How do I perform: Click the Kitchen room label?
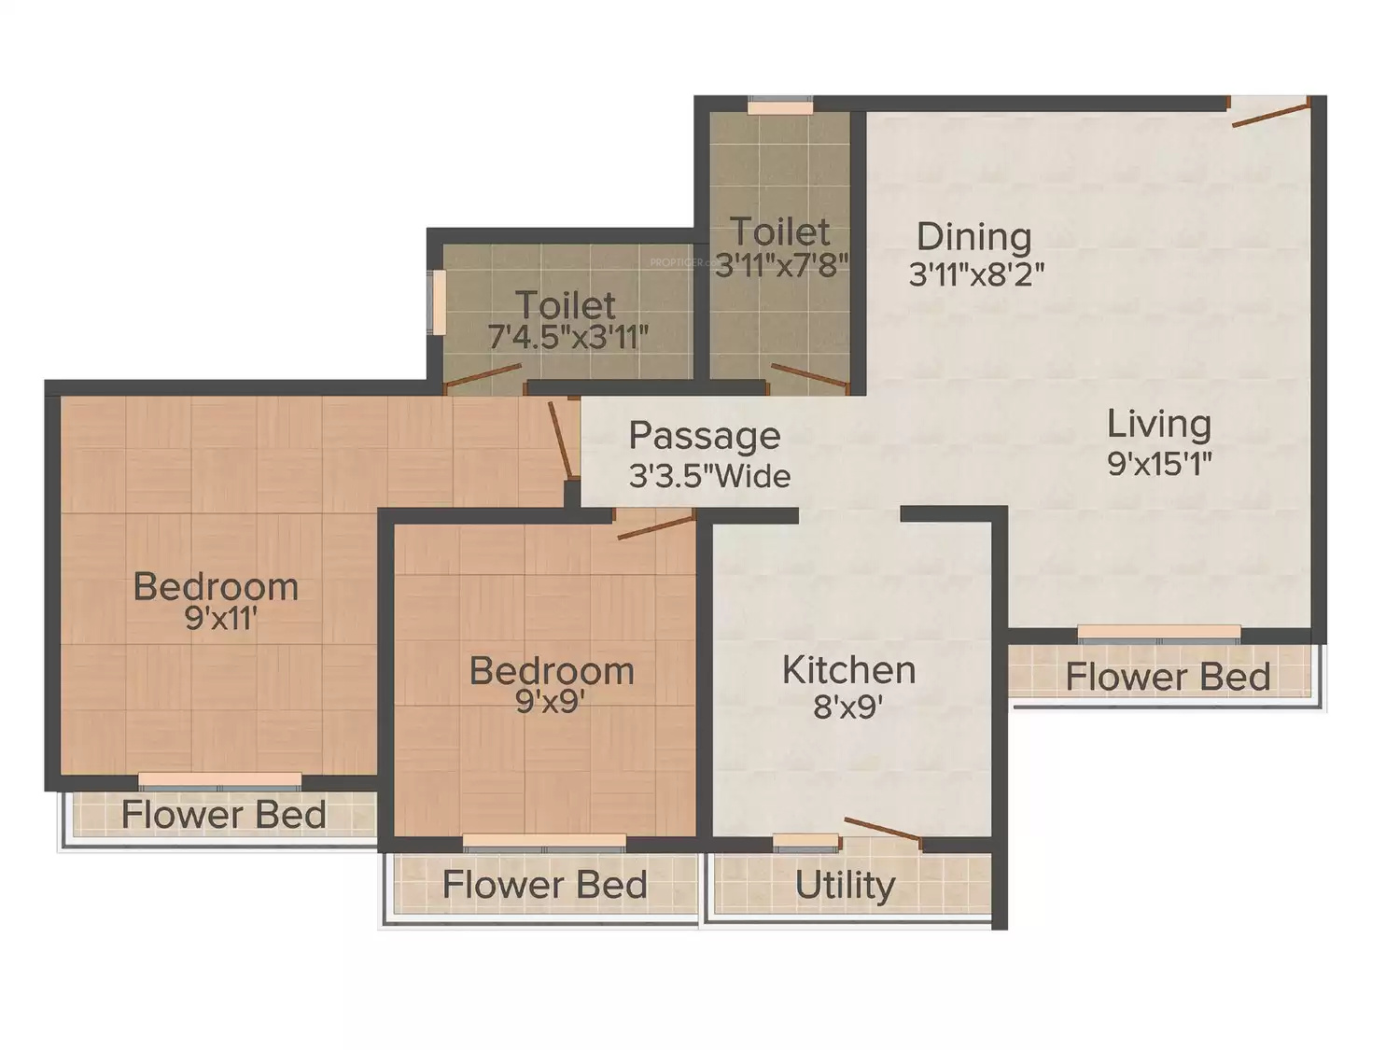849,670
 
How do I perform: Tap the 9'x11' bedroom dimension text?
220,618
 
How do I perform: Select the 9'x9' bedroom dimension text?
551,701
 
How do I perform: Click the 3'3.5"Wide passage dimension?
710,476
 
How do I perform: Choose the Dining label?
974,237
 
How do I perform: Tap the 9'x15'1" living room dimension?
1159,464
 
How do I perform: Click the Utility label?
845,886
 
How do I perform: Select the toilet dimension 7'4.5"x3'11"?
568,337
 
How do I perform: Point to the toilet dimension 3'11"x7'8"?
781,264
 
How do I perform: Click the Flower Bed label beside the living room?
1168,677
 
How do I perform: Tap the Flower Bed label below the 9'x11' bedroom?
223,815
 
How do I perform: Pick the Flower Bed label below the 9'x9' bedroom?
545,885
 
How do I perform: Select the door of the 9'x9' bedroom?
656,527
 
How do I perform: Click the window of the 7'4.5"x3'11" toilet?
439,302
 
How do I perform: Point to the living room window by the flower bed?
1159,634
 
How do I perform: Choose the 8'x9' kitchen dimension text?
847,707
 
